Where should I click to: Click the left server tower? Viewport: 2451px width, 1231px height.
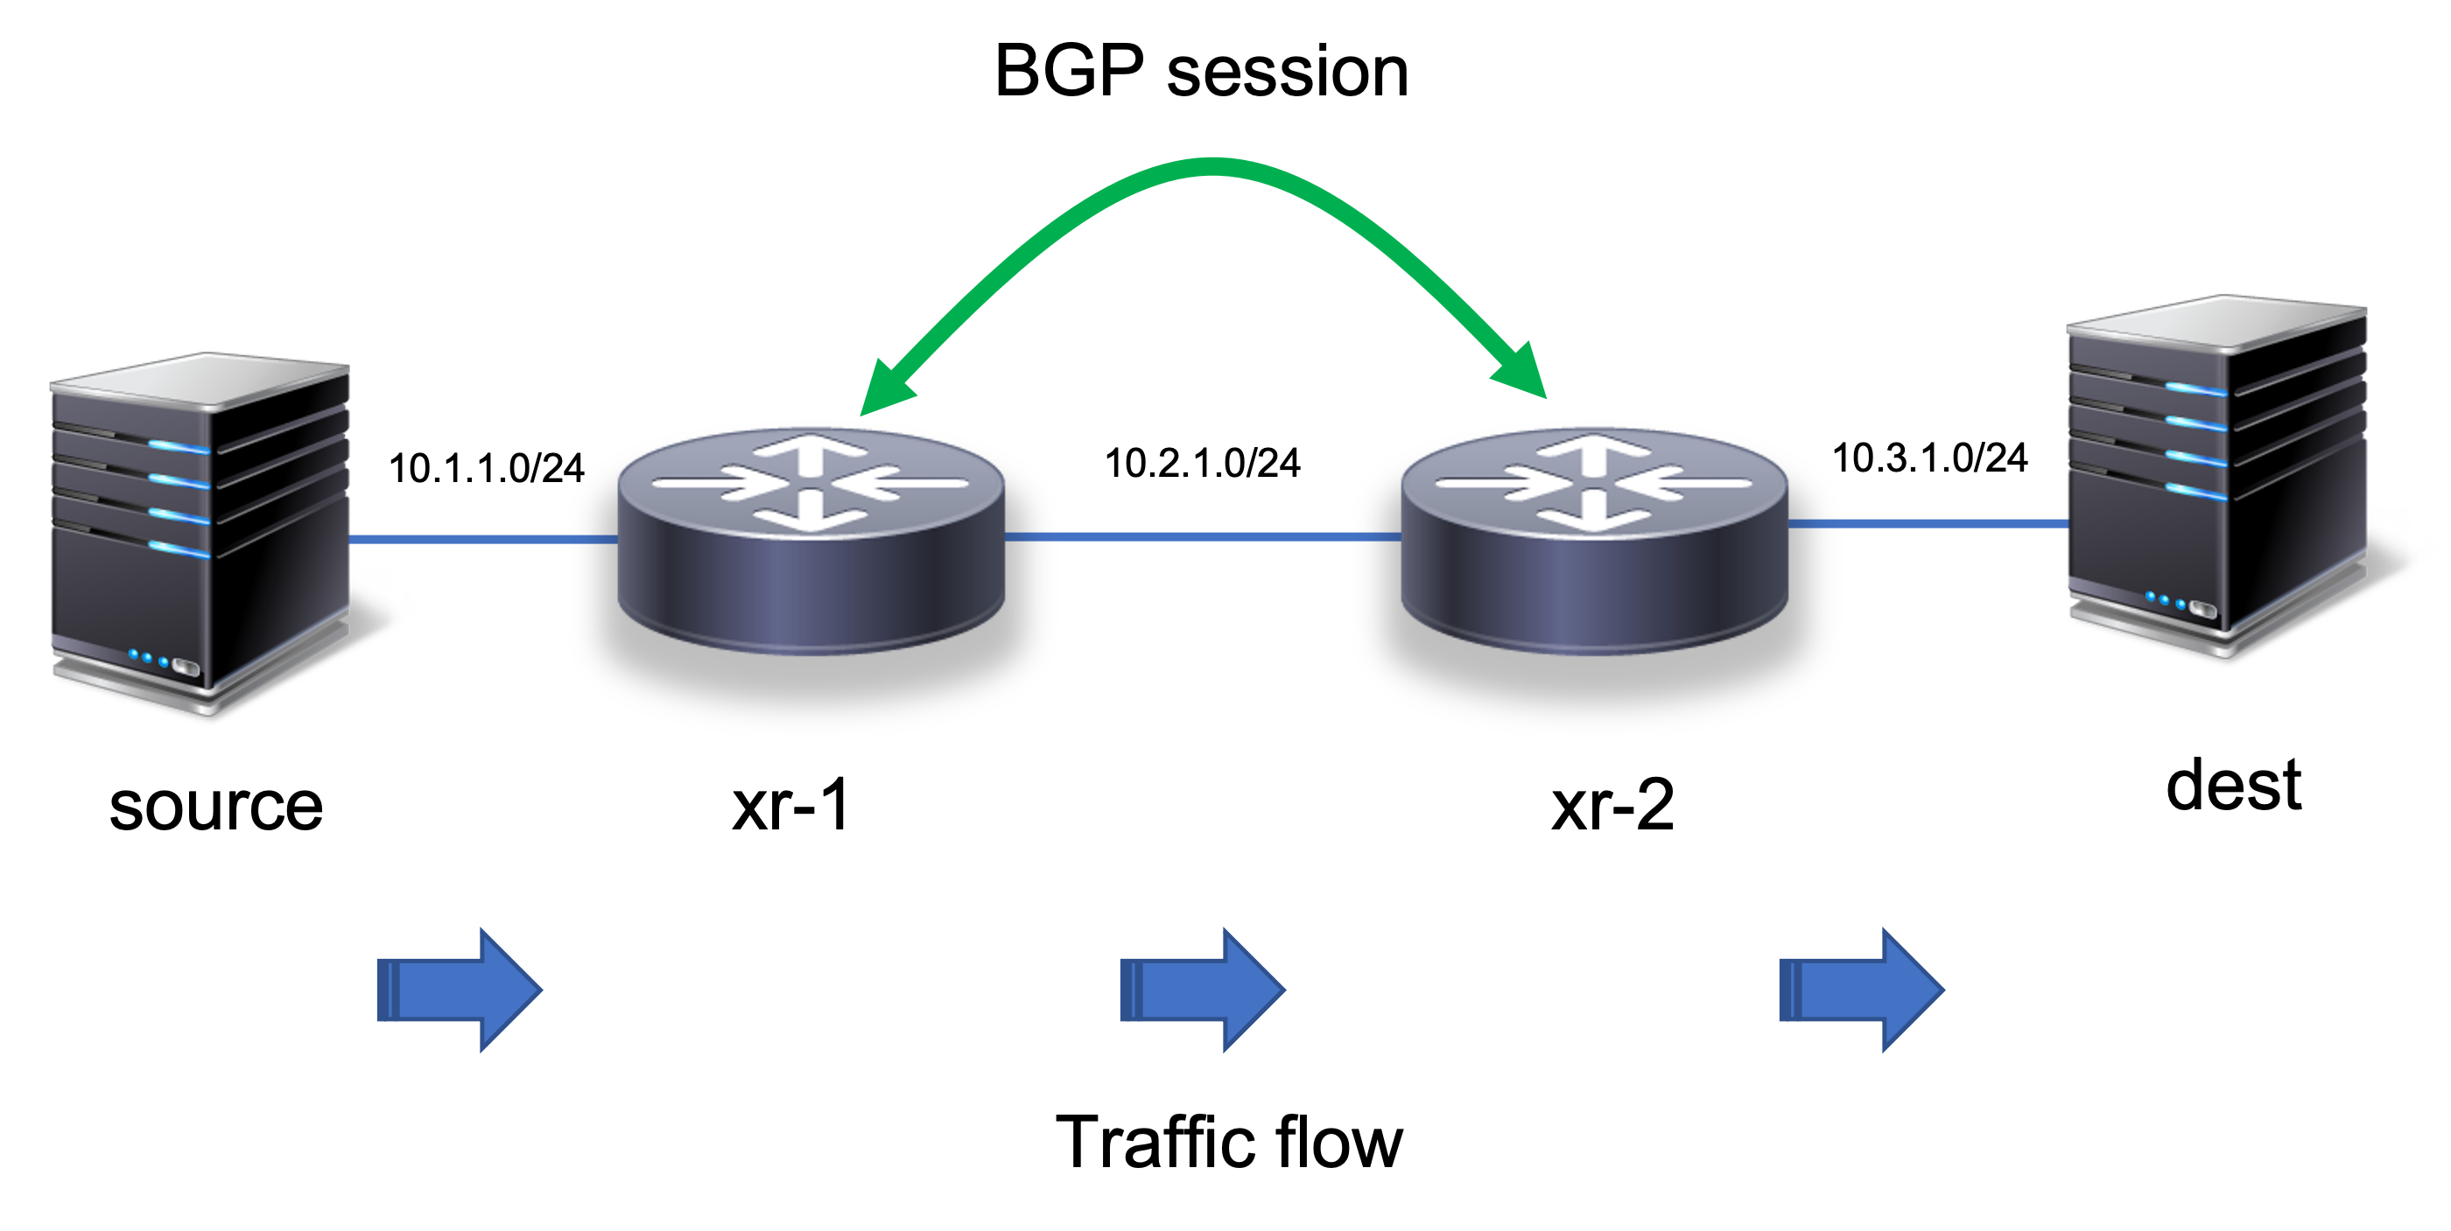200,533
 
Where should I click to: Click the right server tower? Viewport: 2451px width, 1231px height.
2217,476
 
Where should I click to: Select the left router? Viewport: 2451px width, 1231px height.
811,542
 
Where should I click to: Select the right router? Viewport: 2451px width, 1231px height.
1595,542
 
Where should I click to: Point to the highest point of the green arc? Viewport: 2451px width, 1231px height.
1211,167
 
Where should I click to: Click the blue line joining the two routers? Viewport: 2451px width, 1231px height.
1203,537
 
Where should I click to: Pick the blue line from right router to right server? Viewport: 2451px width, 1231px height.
1928,523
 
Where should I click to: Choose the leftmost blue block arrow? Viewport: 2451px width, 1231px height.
460,990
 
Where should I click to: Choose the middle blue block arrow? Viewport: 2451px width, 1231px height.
1204,990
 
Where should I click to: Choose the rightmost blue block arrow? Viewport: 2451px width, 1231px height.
1862,990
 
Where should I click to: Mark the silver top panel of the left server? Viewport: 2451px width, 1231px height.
200,381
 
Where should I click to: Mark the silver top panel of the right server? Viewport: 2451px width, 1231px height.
2217,324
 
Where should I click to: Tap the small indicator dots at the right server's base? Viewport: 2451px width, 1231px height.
2164,600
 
